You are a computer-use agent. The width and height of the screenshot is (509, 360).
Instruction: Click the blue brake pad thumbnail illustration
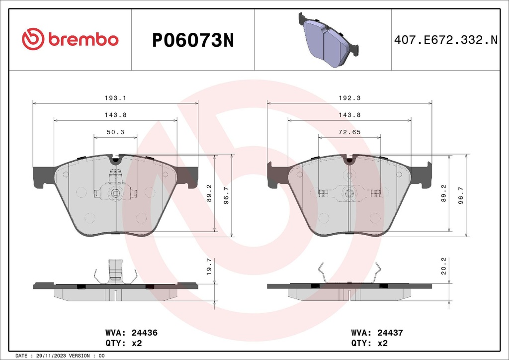[x=328, y=40]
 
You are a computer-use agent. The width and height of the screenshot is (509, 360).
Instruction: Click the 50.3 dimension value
[x=115, y=132]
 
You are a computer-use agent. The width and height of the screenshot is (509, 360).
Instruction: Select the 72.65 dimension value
[x=349, y=132]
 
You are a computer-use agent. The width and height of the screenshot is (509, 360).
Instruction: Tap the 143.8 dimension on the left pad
[x=115, y=115]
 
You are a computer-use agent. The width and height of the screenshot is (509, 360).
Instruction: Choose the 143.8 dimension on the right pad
[x=349, y=115]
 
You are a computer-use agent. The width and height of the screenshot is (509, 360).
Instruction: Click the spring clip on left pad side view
[x=115, y=272]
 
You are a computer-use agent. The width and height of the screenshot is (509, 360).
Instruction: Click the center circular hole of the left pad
[x=115, y=193]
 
